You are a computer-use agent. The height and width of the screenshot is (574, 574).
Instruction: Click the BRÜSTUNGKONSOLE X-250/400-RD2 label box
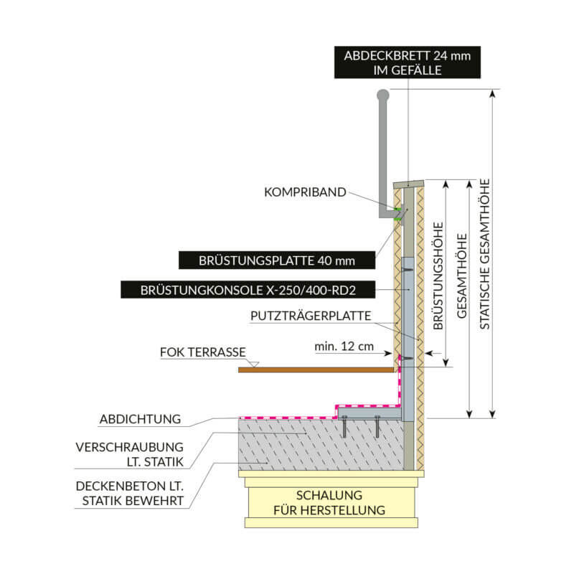(x=247, y=290)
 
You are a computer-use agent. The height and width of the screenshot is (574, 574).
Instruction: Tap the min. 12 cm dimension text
(x=344, y=347)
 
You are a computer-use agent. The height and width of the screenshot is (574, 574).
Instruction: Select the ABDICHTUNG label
(x=141, y=418)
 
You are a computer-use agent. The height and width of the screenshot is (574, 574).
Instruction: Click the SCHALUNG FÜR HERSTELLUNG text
(x=332, y=503)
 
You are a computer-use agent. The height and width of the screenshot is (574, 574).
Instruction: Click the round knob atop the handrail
(x=383, y=94)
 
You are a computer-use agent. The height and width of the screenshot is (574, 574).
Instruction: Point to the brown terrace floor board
(x=316, y=370)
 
